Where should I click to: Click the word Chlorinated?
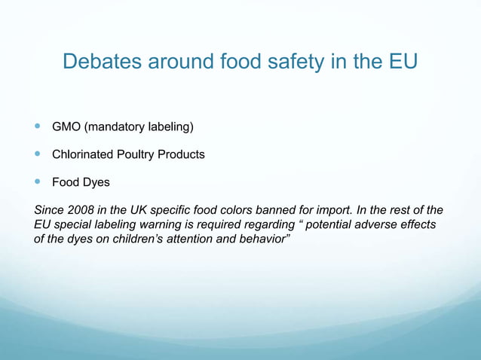(x=83, y=154)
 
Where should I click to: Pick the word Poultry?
(x=139, y=154)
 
